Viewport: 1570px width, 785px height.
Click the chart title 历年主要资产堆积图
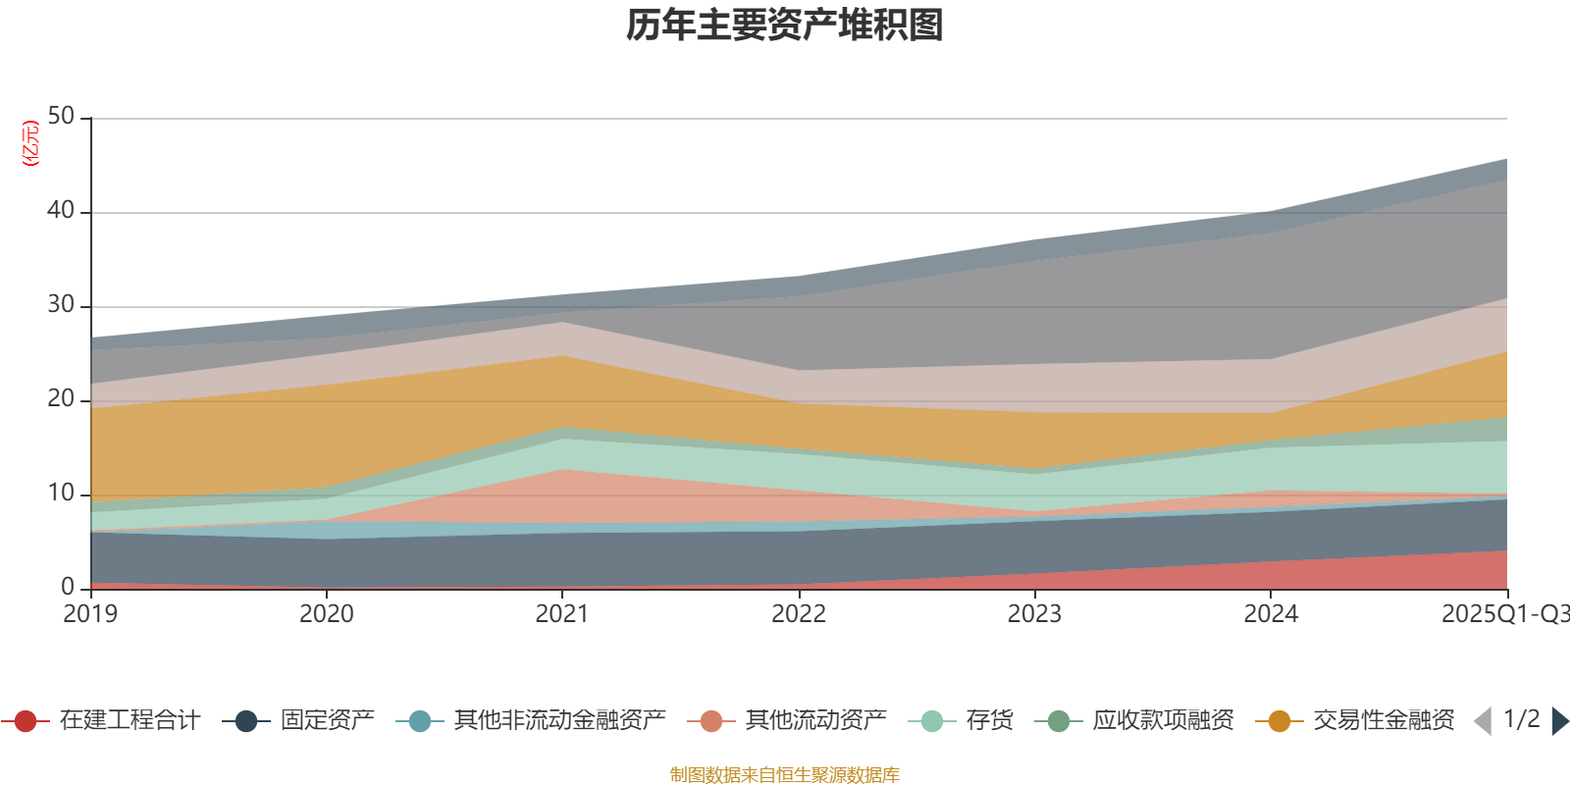click(785, 26)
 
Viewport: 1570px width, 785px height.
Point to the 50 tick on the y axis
click(61, 116)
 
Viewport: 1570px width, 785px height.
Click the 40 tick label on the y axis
click(61, 210)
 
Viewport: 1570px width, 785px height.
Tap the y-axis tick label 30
click(61, 304)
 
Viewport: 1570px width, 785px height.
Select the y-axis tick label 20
click(61, 398)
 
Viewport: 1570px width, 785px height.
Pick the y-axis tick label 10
click(61, 493)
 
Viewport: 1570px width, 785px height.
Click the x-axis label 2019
click(90, 614)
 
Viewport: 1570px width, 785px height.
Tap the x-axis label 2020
click(326, 614)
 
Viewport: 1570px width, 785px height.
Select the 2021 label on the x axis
click(561, 614)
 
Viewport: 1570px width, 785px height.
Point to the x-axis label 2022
click(798, 614)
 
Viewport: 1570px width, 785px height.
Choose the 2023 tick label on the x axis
click(1034, 614)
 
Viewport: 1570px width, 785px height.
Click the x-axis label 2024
click(1271, 614)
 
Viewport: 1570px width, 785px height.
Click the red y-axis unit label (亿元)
click(31, 143)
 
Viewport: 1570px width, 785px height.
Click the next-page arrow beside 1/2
click(1559, 721)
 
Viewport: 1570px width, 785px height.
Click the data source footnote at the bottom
click(785, 775)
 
